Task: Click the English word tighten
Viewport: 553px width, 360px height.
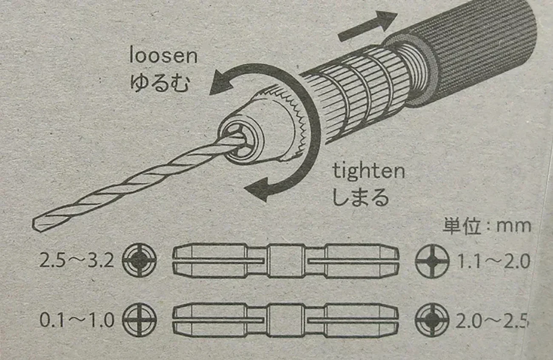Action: (x=368, y=171)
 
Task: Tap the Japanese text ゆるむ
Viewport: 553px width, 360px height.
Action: (x=159, y=82)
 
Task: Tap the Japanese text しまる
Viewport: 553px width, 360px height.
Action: (x=360, y=197)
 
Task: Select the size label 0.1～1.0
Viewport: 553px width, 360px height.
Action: (x=77, y=320)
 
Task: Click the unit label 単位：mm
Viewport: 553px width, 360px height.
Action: (x=487, y=226)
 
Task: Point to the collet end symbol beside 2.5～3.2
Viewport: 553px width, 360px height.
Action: (x=139, y=260)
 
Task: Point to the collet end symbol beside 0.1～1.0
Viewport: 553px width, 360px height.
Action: (x=139, y=320)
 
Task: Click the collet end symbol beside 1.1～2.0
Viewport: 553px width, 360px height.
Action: (x=432, y=260)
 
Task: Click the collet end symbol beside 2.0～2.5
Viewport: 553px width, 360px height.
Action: (x=432, y=320)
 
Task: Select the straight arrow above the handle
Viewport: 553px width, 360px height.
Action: (x=367, y=26)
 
